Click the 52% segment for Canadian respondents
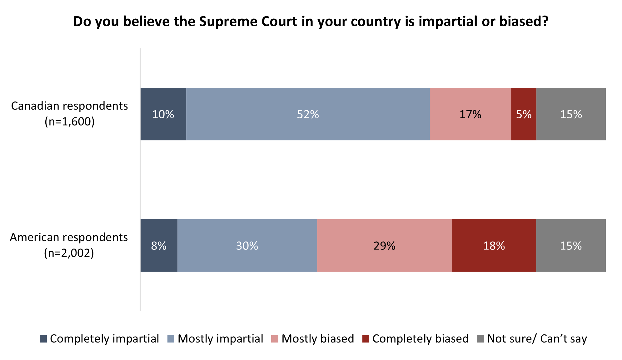point(308,114)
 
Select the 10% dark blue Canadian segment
point(163,114)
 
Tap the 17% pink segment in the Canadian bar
point(470,114)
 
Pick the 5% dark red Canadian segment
point(524,114)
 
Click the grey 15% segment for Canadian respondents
point(571,114)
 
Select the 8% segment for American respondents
point(159,246)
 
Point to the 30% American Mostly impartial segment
point(247,246)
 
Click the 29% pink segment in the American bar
point(384,246)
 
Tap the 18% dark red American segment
point(494,246)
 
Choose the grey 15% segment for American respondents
point(570,246)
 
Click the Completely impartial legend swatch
point(43,339)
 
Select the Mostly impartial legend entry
point(220,339)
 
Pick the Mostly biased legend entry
point(317,339)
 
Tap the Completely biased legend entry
point(420,339)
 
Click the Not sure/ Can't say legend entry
point(537,339)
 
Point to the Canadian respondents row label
point(69,106)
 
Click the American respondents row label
point(69,238)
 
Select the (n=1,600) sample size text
point(69,122)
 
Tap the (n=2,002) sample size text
point(69,253)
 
